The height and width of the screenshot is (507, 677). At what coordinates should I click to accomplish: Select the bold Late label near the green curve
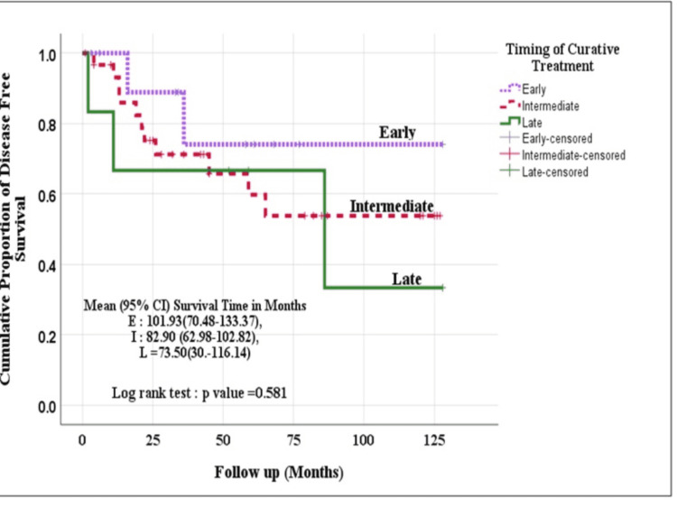(x=407, y=279)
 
